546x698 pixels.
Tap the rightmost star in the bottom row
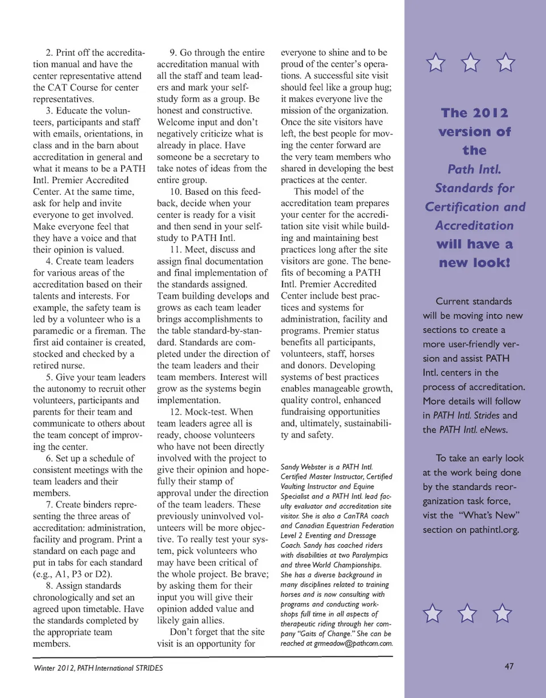point(503,614)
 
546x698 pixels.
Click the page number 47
point(509,667)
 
